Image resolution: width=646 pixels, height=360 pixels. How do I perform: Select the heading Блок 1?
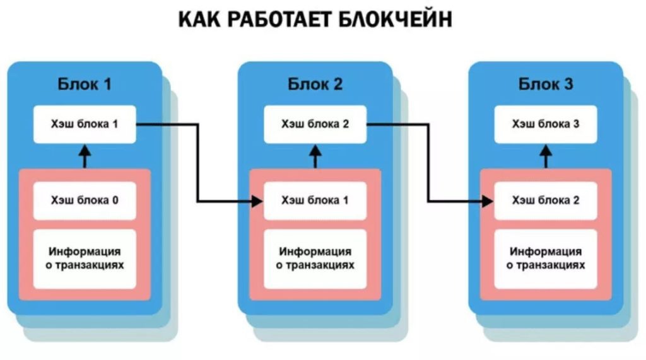[x=85, y=84]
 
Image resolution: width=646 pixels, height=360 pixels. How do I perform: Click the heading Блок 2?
[x=315, y=84]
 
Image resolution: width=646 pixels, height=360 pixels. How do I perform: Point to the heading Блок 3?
[x=546, y=84]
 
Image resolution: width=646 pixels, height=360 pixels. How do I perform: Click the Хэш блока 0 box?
[x=85, y=200]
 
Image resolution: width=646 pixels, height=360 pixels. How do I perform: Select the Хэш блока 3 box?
[x=546, y=124]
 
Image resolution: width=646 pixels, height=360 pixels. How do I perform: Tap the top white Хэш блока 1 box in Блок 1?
[x=85, y=124]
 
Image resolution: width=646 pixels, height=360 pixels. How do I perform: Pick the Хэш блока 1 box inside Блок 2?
[x=315, y=200]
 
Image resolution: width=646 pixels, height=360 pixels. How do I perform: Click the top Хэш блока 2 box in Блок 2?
[x=315, y=124]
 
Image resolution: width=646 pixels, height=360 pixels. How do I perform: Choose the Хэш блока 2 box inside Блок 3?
[x=546, y=200]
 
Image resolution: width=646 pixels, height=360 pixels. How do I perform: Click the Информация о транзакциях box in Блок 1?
[x=85, y=258]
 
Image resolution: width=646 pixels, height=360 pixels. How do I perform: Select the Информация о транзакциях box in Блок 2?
[x=315, y=258]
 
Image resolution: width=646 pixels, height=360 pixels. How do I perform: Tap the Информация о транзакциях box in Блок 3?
[x=546, y=258]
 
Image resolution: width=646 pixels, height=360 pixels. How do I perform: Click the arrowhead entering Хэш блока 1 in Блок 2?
[x=257, y=202]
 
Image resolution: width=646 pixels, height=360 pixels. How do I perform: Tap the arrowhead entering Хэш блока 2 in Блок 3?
[x=488, y=202]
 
